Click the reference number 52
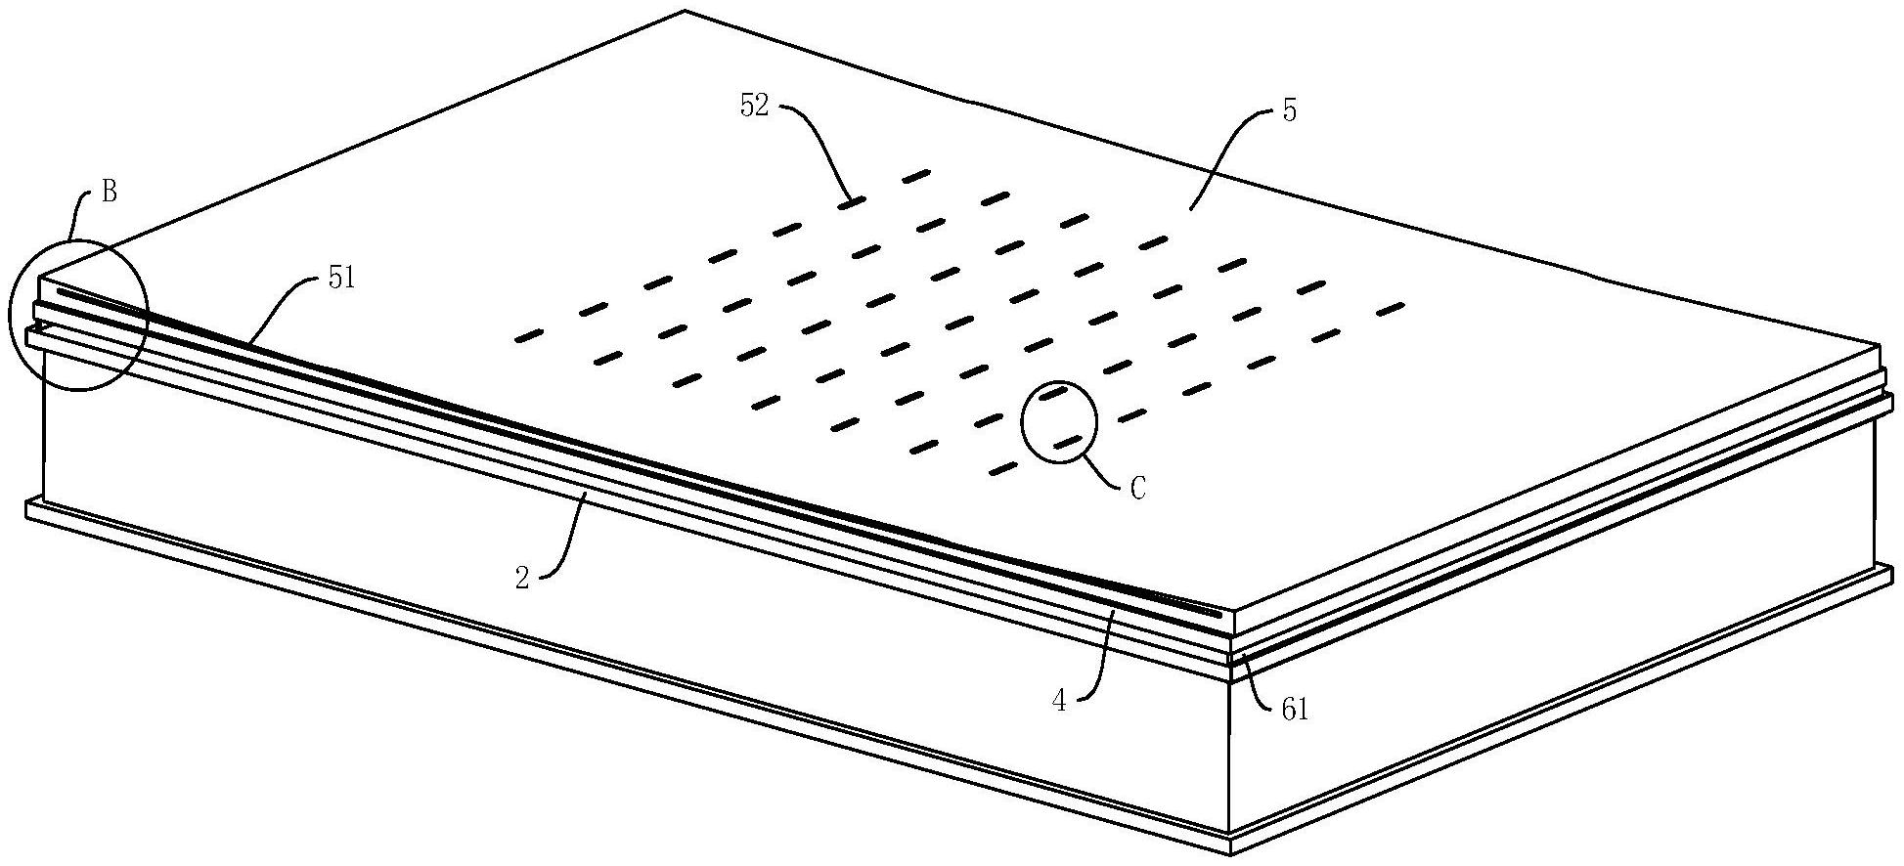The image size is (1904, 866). click(754, 107)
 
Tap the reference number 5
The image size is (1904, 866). click(1290, 110)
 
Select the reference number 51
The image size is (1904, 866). click(342, 280)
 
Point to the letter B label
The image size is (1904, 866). click(110, 193)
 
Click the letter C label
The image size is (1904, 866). click(1137, 488)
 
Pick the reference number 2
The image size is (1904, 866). click(522, 579)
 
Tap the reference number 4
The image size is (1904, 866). click(1058, 701)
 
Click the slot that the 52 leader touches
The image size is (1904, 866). click(852, 202)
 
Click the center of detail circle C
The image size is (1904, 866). click(1059, 421)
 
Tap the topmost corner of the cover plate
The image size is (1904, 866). click(685, 11)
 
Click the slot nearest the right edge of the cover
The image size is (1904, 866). click(1390, 310)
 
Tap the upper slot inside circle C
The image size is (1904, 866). click(1052, 394)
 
